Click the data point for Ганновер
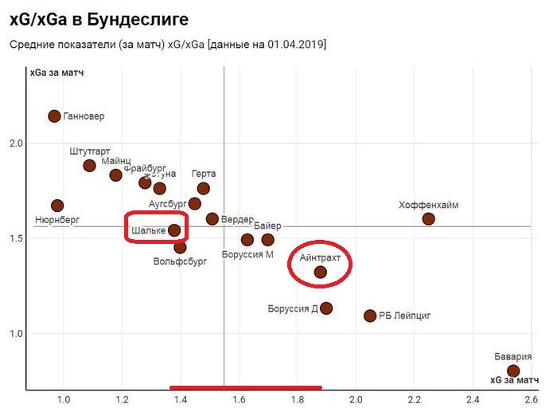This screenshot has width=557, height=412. [54, 116]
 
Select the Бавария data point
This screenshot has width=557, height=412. [513, 371]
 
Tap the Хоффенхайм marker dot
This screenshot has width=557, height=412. [428, 218]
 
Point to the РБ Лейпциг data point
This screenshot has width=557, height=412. [370, 316]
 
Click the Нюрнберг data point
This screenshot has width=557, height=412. [57, 206]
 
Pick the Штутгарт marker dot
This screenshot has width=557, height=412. [89, 166]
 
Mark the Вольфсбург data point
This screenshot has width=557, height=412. [180, 247]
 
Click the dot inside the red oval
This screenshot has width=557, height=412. [320, 272]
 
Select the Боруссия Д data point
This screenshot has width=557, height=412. [325, 308]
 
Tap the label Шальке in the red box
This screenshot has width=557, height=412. [148, 231]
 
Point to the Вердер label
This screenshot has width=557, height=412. [238, 219]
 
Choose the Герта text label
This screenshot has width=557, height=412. [204, 174]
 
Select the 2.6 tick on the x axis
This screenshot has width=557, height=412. [531, 399]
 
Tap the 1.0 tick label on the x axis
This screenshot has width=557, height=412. [64, 399]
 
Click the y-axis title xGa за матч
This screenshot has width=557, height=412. [57, 73]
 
